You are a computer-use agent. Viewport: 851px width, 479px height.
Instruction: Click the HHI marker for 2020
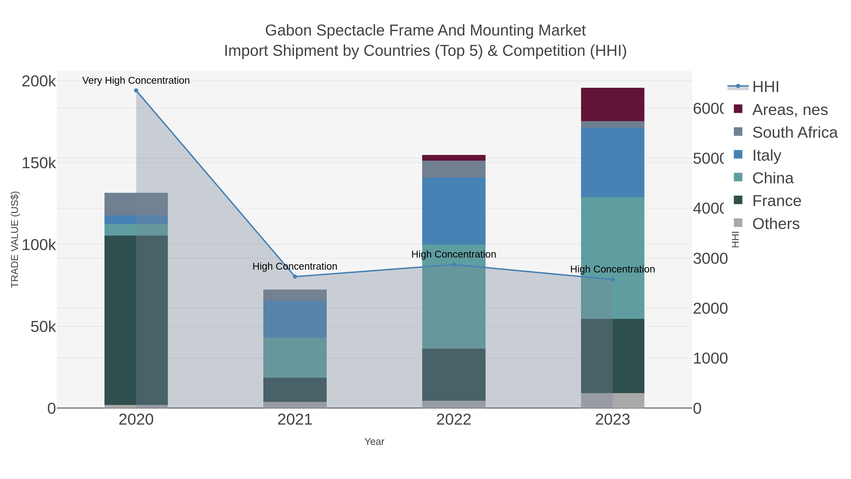136,91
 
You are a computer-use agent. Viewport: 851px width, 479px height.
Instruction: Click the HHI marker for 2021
295,277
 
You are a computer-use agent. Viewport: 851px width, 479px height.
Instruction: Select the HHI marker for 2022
454,264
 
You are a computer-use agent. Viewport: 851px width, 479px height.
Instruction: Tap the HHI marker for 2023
612,280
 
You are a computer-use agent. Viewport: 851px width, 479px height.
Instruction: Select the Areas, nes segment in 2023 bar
612,105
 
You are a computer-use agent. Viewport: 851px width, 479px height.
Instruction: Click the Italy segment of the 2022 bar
454,211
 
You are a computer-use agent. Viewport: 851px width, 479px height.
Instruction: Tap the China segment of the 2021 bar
295,357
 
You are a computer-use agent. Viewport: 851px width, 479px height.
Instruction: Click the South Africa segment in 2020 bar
136,204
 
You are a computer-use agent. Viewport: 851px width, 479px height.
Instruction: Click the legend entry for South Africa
795,132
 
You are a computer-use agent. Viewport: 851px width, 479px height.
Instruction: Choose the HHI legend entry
765,87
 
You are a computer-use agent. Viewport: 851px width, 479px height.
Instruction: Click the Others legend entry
776,224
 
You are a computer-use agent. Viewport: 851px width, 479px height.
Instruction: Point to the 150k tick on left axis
39,163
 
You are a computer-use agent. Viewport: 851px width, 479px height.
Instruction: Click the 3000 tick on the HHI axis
710,259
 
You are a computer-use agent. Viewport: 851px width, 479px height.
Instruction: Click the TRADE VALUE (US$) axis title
15,239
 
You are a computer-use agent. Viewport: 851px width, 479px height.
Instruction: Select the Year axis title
374,442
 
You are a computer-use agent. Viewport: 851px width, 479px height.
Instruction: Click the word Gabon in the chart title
288,31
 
